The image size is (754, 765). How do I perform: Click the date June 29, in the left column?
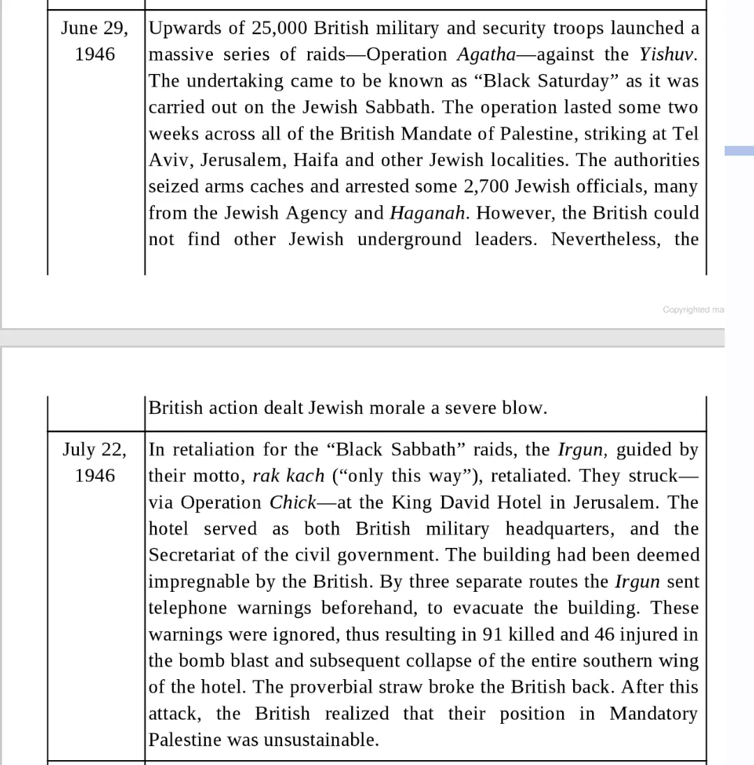[94, 29]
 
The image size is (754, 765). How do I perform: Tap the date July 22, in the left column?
[94, 450]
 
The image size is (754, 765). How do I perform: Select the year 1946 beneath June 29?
[95, 54]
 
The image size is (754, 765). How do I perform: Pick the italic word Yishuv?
[667, 54]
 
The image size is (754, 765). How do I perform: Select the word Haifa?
[316, 161]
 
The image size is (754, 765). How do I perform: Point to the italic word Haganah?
[427, 214]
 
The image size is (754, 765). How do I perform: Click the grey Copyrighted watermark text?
[693, 310]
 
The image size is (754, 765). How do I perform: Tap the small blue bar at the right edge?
[739, 150]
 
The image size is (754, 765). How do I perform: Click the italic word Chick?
[293, 503]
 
